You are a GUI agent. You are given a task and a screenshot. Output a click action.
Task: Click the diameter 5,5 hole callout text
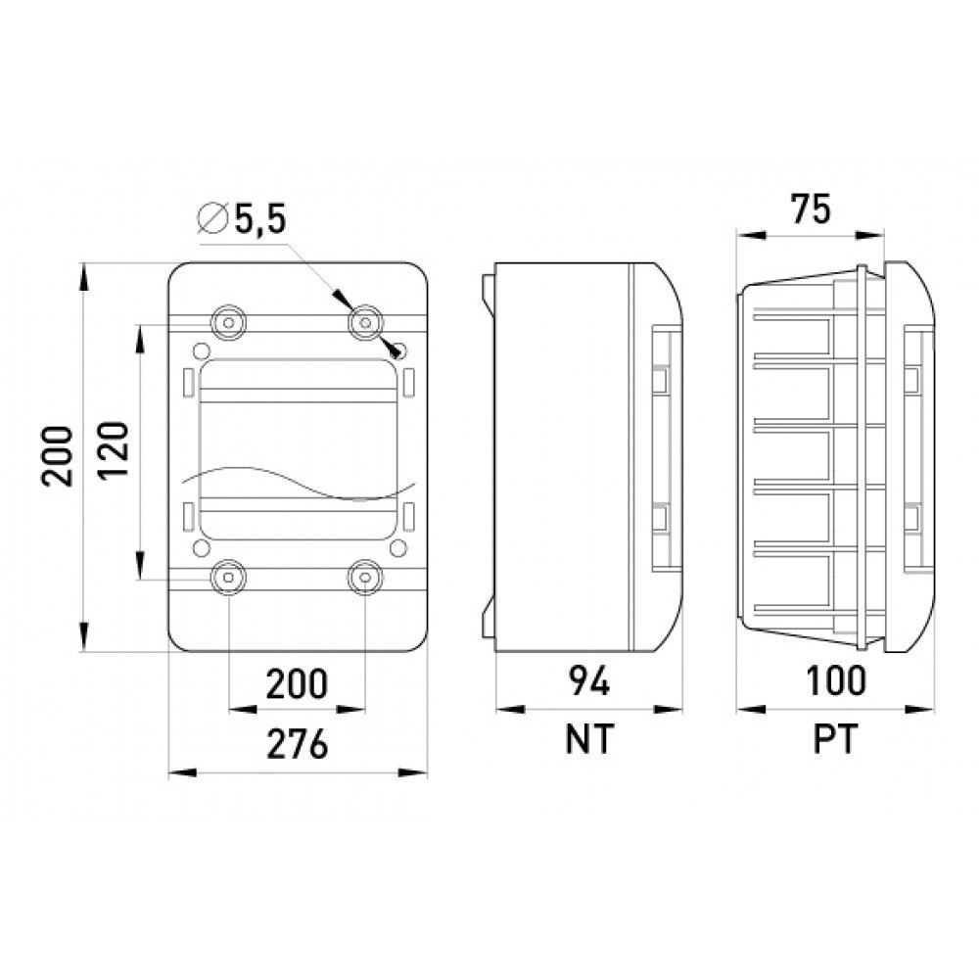click(242, 219)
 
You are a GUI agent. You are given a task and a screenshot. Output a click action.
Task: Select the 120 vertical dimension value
click(115, 449)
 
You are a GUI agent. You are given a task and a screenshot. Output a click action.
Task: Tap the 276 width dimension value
click(298, 744)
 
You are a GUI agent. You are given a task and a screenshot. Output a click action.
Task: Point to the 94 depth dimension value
click(588, 681)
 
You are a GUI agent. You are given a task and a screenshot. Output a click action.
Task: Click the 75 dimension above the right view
click(811, 210)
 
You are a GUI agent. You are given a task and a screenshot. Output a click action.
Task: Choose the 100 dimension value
click(836, 681)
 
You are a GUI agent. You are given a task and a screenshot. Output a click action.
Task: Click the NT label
click(589, 739)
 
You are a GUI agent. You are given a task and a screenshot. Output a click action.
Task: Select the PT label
click(835, 739)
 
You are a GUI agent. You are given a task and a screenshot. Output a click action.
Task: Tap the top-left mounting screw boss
click(228, 323)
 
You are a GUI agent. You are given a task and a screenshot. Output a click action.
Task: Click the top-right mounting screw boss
click(365, 323)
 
